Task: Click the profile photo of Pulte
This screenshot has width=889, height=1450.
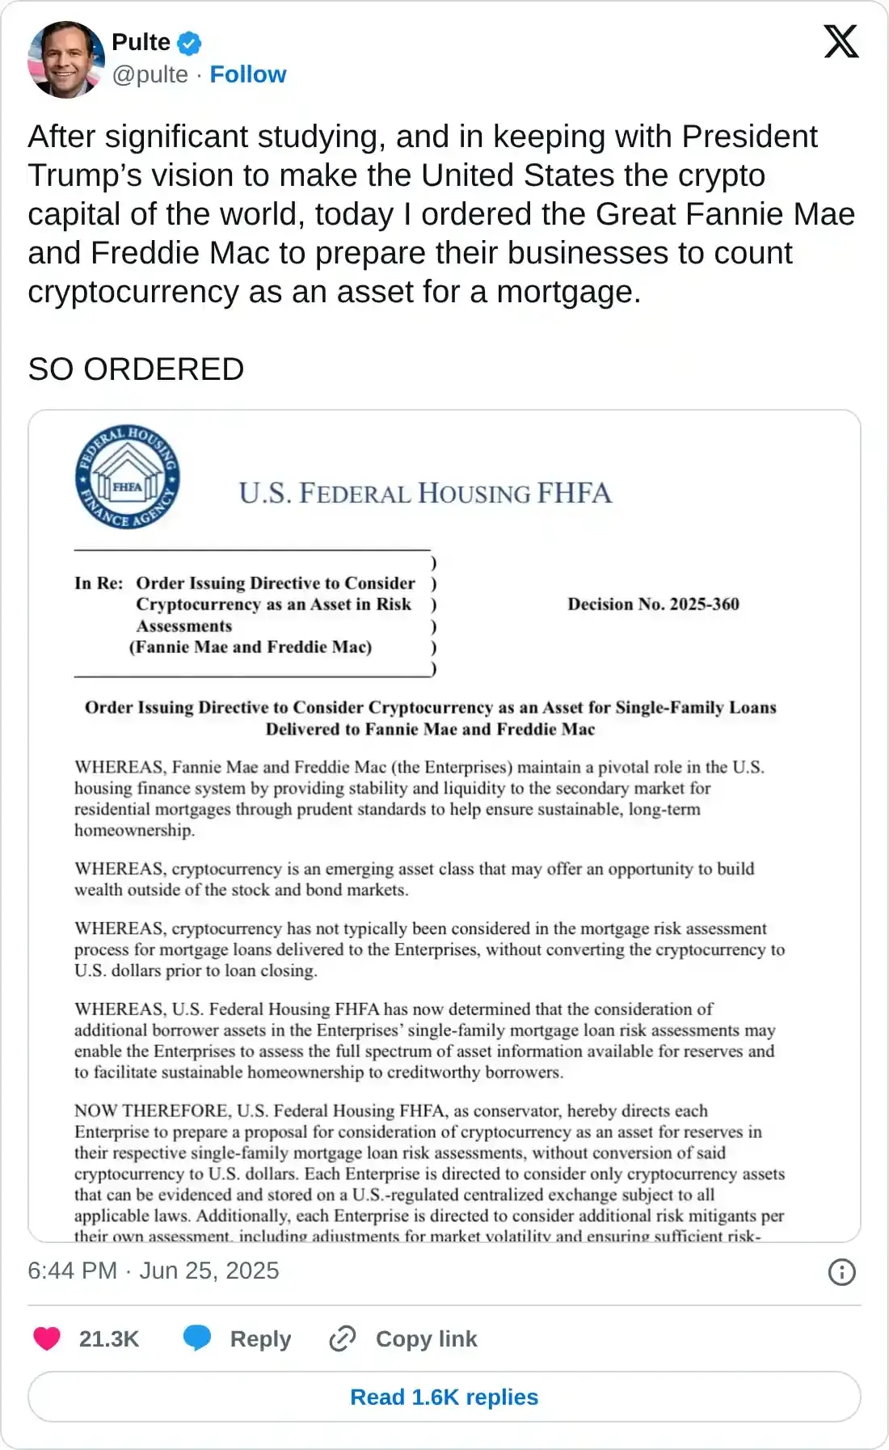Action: pos(66,60)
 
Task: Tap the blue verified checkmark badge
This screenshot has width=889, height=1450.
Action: pos(190,43)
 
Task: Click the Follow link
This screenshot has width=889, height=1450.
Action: pos(247,74)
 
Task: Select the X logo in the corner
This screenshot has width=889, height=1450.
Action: pos(841,42)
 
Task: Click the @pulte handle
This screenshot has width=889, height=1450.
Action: pos(150,74)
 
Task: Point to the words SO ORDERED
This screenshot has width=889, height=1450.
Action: pos(136,369)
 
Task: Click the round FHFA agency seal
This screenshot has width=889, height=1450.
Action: pos(128,477)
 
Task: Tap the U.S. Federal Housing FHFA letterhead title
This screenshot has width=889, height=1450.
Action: pos(425,493)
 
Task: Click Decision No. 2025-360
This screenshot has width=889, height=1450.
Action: pos(653,604)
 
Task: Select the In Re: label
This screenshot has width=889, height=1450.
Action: pos(99,583)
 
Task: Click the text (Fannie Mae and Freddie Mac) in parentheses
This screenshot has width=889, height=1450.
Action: pos(251,647)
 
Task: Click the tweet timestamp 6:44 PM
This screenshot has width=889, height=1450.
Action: pos(73,1271)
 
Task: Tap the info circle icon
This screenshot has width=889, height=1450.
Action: pos(841,1272)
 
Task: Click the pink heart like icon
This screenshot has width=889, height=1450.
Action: pos(47,1338)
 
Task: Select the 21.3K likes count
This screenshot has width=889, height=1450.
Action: pos(109,1339)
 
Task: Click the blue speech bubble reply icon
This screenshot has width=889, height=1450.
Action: pos(197,1338)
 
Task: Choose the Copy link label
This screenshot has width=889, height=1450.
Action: pos(426,1339)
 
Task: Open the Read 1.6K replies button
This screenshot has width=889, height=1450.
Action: pos(444,1397)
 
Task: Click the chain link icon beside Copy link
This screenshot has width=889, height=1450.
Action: pos(343,1338)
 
